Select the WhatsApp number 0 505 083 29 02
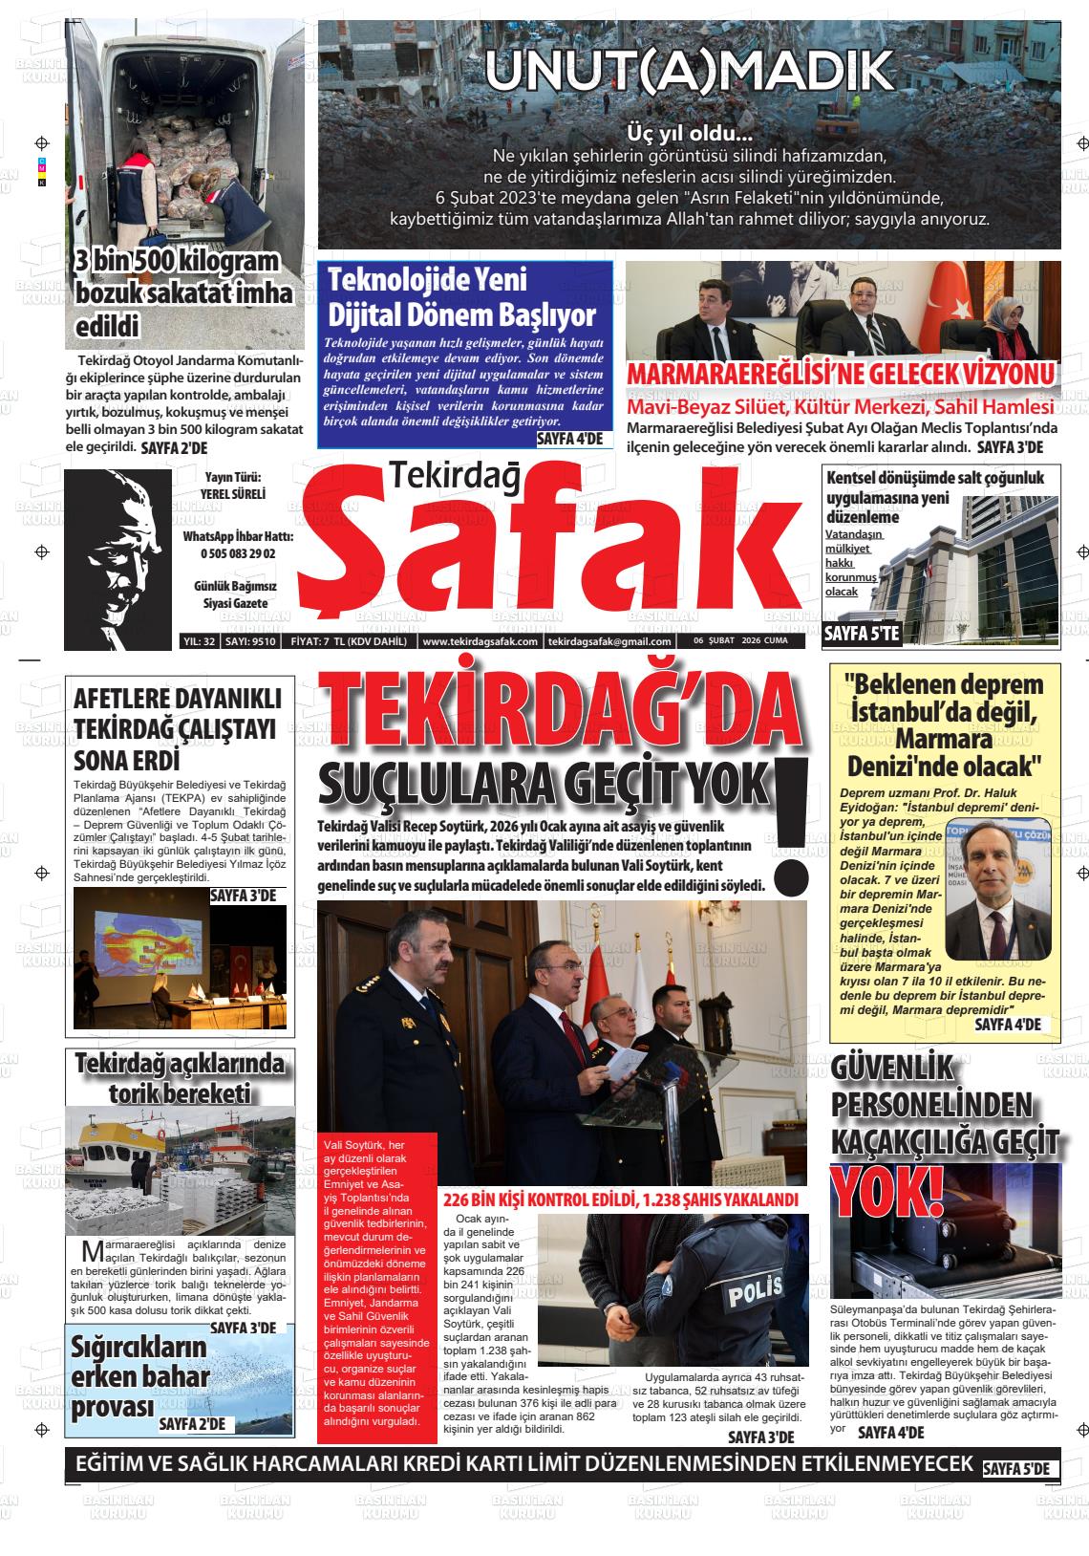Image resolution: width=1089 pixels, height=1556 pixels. pyautogui.click(x=238, y=553)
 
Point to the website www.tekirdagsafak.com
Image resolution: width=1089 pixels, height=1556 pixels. pyautogui.click(x=480, y=641)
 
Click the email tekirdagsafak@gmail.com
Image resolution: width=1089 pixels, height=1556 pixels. pyautogui.click(x=609, y=641)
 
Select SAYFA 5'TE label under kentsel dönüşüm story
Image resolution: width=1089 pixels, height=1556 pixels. pyautogui.click(x=862, y=634)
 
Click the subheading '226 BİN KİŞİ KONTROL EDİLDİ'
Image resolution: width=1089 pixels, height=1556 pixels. pyautogui.click(x=620, y=1199)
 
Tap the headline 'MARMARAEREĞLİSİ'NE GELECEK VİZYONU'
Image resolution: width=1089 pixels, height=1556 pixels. pyautogui.click(x=841, y=375)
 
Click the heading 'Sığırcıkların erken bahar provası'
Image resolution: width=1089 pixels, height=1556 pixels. pyautogui.click(x=139, y=1376)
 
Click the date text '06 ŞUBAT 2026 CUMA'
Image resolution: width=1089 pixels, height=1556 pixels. pyautogui.click(x=740, y=641)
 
